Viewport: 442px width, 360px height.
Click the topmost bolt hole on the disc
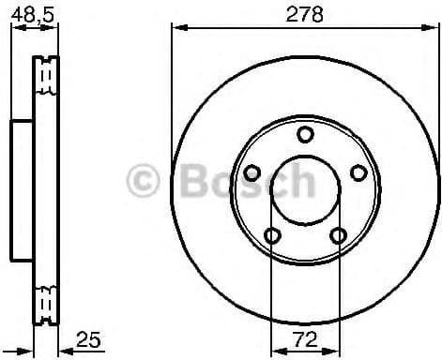pyautogui.click(x=305, y=134)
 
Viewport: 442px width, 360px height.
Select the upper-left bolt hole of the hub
pyautogui.click(x=251, y=172)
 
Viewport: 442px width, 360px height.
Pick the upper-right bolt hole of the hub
pyautogui.click(x=358, y=172)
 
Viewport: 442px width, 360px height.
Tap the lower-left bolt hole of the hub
pyautogui.click(x=272, y=234)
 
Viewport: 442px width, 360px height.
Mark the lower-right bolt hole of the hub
pyautogui.click(x=338, y=234)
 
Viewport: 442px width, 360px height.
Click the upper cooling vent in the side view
pyautogui.click(x=43, y=78)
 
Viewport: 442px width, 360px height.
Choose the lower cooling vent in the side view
pyautogui.click(x=43, y=304)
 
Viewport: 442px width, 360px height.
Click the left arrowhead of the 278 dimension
pyautogui.click(x=175, y=28)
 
